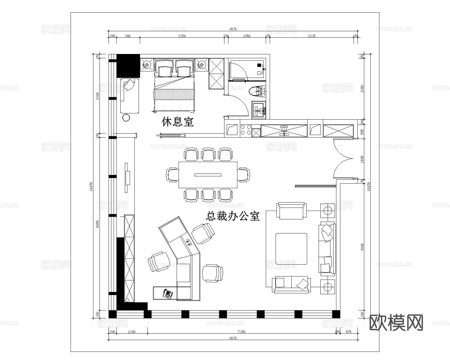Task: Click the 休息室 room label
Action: [x=177, y=121]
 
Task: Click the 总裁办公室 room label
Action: [x=233, y=216]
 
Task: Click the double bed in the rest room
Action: [x=174, y=87]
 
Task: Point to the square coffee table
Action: [x=291, y=249]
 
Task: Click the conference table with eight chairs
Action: [x=208, y=175]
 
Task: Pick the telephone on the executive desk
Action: [x=168, y=294]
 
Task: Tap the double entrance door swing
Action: [x=343, y=159]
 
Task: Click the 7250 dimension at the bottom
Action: [x=241, y=332]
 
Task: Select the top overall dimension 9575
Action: [x=233, y=29]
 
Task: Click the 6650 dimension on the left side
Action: [x=98, y=224]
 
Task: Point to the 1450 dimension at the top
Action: [x=247, y=36]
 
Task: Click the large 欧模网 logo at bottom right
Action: [x=396, y=323]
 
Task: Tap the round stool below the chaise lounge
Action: [x=126, y=118]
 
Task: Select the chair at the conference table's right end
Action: [x=244, y=175]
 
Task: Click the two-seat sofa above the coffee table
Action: [x=291, y=210]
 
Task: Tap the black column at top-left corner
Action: [x=128, y=66]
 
